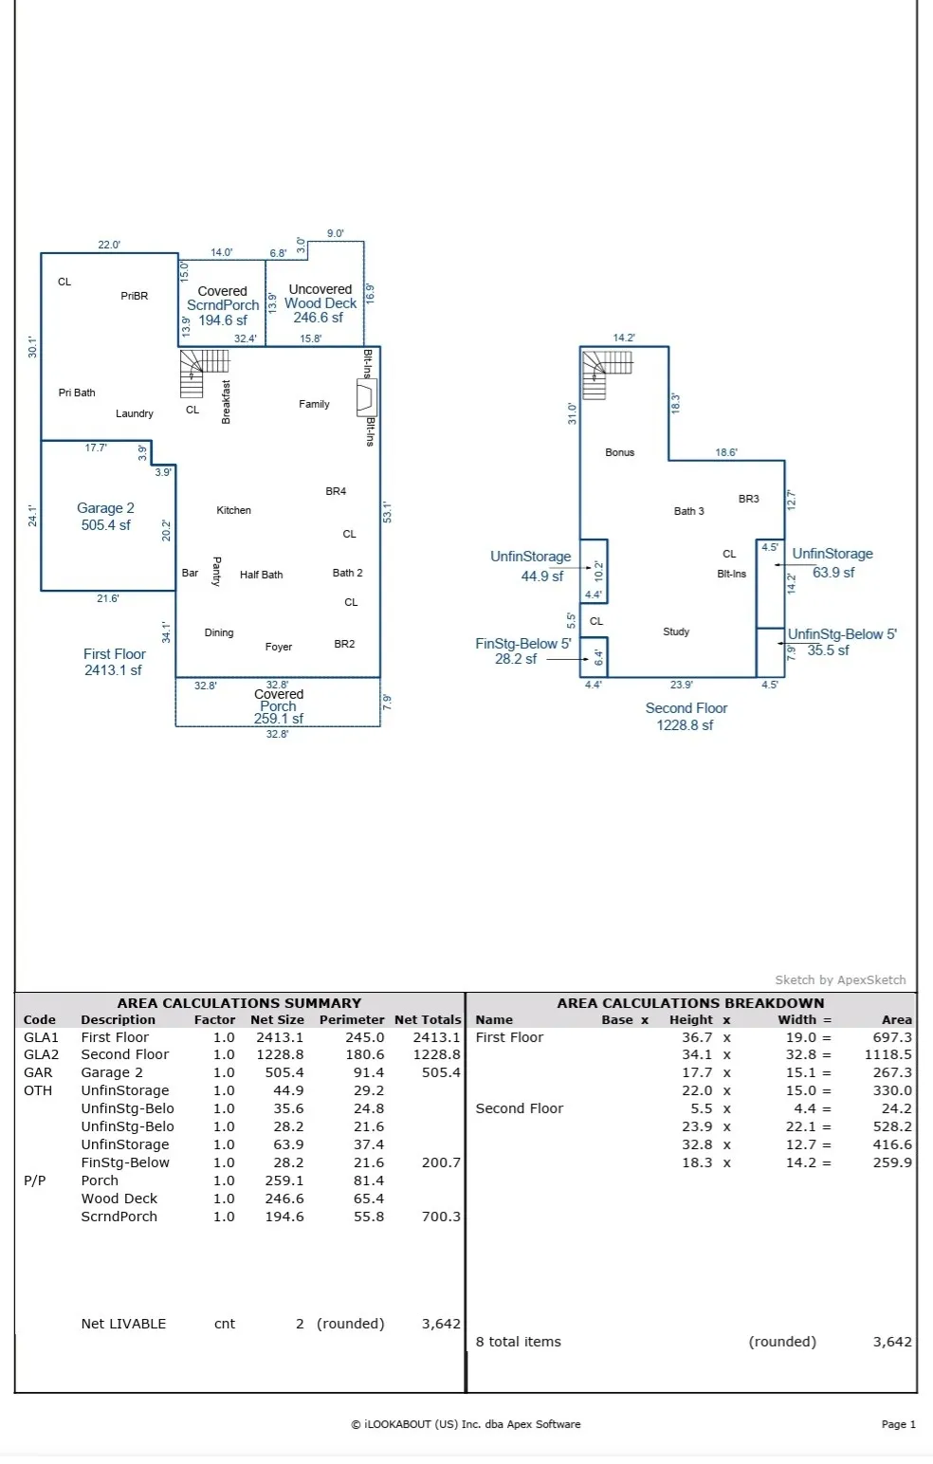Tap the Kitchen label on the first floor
click(x=234, y=510)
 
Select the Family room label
click(x=314, y=404)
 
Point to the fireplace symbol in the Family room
click(x=367, y=398)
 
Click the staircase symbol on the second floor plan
click(x=607, y=375)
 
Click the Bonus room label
click(x=619, y=452)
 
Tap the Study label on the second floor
click(x=676, y=631)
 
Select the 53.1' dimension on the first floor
click(x=388, y=512)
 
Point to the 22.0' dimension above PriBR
click(x=109, y=245)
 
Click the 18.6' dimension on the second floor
click(x=726, y=452)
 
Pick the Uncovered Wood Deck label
click(x=320, y=303)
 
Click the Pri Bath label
click(x=77, y=393)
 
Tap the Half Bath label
click(x=262, y=575)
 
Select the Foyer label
click(x=279, y=647)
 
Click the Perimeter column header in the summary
click(x=352, y=1019)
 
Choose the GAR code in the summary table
click(x=38, y=1072)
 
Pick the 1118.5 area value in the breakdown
click(x=887, y=1054)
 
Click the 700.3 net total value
click(x=441, y=1217)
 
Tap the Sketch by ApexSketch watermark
click(x=840, y=979)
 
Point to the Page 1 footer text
click(x=898, y=1424)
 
